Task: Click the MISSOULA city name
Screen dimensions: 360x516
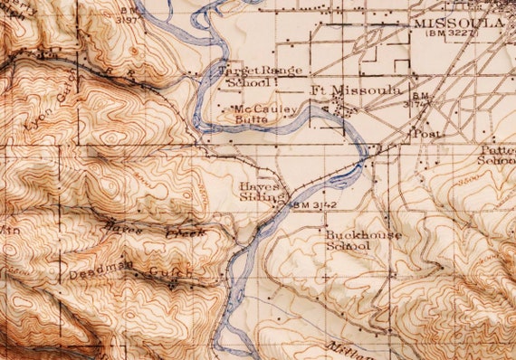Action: pyautogui.click(x=457, y=22)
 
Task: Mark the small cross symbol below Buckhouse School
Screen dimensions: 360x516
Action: pyautogui.click(x=323, y=276)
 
